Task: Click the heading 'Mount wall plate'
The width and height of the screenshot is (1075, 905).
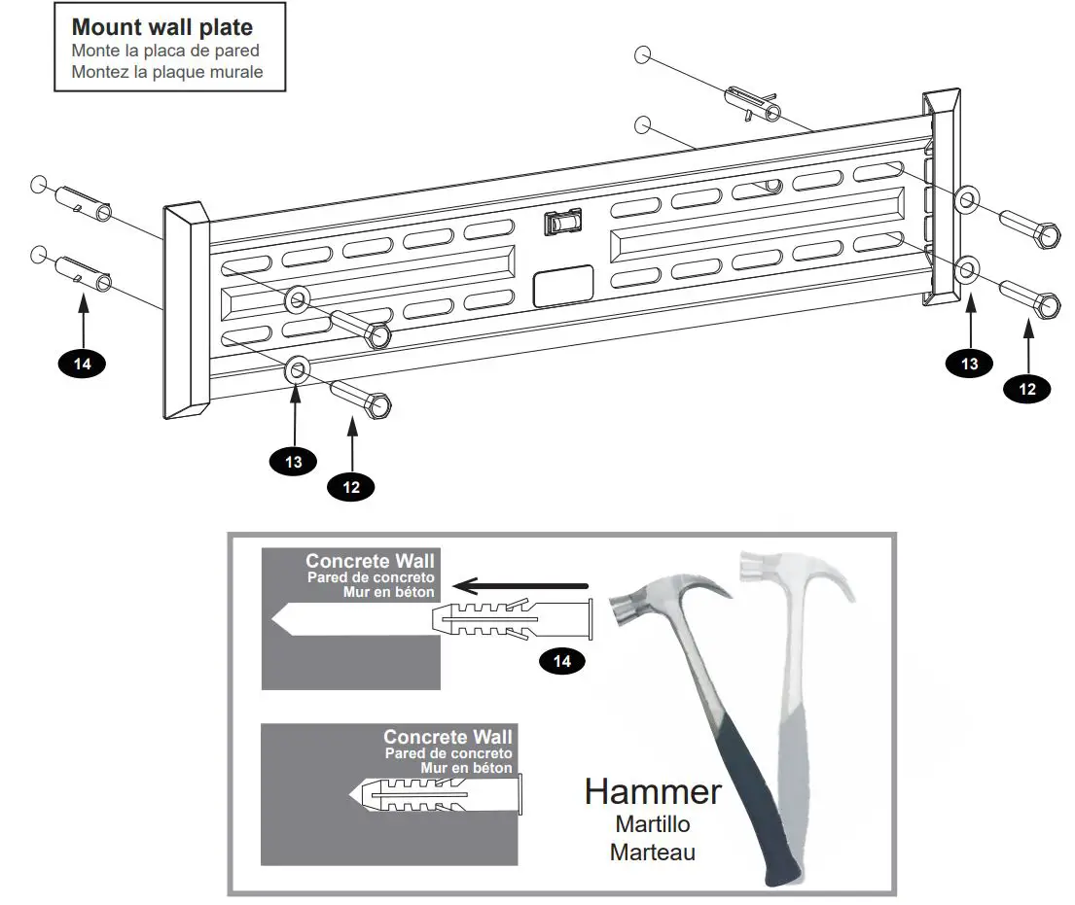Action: (x=161, y=27)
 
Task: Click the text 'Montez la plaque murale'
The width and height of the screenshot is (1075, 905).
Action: (x=167, y=72)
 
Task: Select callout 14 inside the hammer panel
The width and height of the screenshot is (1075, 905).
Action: (x=563, y=662)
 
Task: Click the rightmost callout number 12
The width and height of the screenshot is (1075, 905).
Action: (x=1026, y=388)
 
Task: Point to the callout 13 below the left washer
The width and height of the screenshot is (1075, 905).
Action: (x=294, y=462)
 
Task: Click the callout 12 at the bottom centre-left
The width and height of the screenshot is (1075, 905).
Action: (x=351, y=487)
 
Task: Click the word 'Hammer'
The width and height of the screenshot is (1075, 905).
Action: (x=653, y=791)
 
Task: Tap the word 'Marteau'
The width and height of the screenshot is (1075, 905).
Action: (x=652, y=853)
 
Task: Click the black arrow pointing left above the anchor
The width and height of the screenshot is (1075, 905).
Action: (x=525, y=586)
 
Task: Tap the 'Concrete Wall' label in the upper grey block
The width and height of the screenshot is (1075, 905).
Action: (x=370, y=561)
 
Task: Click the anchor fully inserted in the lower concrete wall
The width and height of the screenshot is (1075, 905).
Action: (x=438, y=796)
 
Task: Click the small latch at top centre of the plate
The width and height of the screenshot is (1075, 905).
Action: (x=561, y=223)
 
